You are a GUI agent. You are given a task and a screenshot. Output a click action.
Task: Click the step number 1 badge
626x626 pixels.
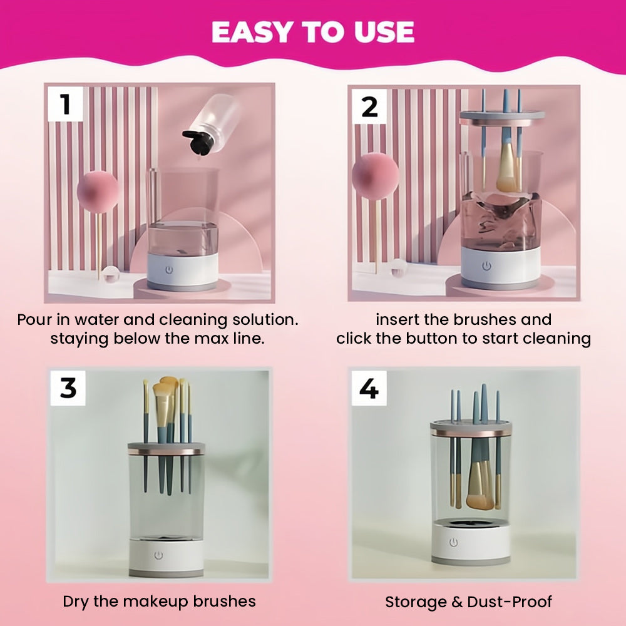(x=66, y=104)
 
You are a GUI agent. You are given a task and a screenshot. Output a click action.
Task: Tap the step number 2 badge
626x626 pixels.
(x=369, y=106)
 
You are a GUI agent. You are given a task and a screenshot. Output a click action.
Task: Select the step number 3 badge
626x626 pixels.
(x=68, y=387)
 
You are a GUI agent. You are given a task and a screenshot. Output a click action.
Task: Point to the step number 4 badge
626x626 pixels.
(x=369, y=388)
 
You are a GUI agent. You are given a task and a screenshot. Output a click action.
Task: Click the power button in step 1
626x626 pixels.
(x=169, y=270)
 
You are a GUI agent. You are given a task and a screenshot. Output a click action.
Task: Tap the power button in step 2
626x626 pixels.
(x=486, y=265)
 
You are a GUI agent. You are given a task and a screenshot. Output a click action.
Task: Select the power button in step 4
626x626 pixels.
(x=453, y=542)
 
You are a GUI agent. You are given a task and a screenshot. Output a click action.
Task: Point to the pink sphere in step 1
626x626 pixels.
(x=98, y=192)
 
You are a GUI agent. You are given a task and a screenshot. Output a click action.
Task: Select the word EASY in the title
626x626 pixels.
(x=253, y=32)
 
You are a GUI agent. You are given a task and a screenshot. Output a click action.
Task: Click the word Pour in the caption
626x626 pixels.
(x=34, y=319)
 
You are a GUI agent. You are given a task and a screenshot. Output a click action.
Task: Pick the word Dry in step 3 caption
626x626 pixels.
(x=76, y=602)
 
